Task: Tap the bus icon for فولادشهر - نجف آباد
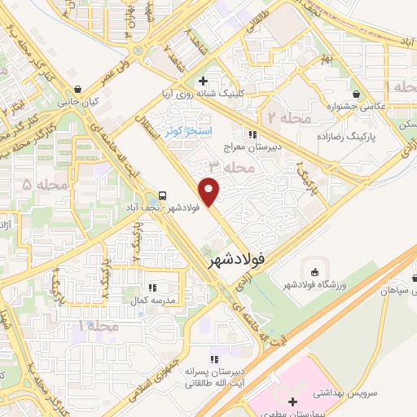pos(163,195)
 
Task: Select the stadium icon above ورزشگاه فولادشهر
pos(313,270)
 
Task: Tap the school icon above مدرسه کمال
pos(151,287)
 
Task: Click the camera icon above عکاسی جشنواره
pos(356,92)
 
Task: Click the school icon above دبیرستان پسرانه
pos(214,358)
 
